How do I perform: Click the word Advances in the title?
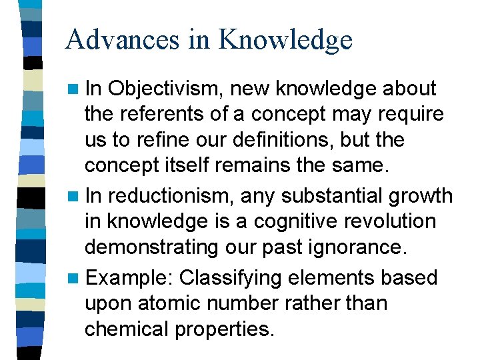pyautogui.click(x=123, y=40)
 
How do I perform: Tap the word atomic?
pyautogui.click(x=160, y=303)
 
